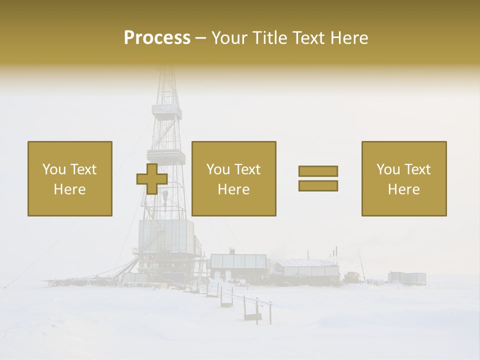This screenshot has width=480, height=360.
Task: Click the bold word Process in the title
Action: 157,38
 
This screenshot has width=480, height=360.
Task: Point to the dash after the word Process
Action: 200,38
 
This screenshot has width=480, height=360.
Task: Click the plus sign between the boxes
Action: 152,178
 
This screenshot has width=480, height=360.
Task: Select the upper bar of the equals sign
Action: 318,171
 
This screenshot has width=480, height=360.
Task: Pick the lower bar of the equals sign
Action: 318,186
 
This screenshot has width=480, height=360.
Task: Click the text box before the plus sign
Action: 70,178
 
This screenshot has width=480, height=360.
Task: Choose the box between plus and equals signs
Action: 234,178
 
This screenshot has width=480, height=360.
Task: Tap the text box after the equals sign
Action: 404,178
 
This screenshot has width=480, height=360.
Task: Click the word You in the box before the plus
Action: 53,169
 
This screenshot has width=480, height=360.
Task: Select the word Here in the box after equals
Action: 404,189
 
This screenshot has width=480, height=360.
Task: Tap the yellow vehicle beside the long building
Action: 352,276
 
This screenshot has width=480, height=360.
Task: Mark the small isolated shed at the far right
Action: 407,277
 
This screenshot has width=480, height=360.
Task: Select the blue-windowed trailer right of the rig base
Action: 238,264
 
